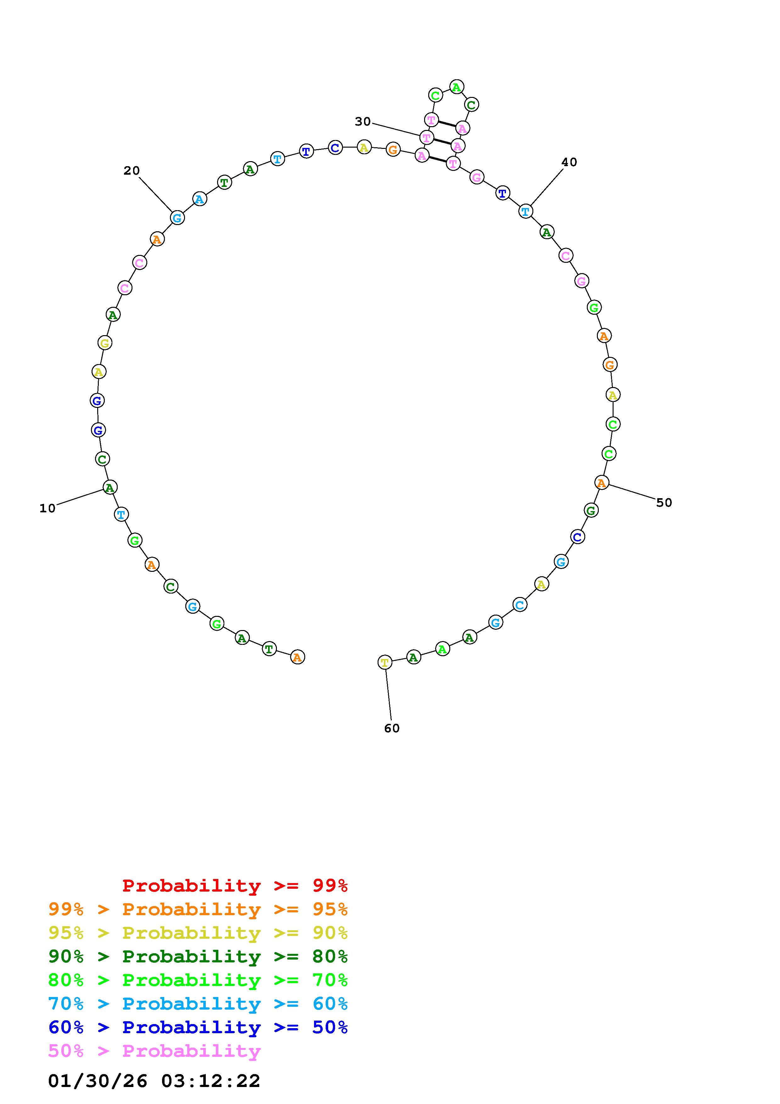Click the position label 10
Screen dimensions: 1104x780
pos(48,508)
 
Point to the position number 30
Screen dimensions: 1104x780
pos(363,122)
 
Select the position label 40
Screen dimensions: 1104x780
pos(569,162)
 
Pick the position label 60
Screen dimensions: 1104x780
pos(392,729)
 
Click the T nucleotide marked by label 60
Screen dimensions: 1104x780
pos(385,662)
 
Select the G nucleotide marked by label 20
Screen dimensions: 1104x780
pos(177,218)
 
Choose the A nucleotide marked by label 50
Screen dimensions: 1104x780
pos(601,482)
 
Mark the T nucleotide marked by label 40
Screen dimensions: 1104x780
pos(526,211)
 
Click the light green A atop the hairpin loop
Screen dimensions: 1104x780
pos(457,87)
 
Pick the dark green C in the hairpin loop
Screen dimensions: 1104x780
pos(471,104)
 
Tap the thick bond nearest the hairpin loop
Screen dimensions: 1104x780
pos(447,124)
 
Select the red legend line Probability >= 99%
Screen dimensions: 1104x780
pos(235,885)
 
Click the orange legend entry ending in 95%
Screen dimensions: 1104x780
pos(198,909)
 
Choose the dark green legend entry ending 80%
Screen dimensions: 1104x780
pos(198,956)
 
